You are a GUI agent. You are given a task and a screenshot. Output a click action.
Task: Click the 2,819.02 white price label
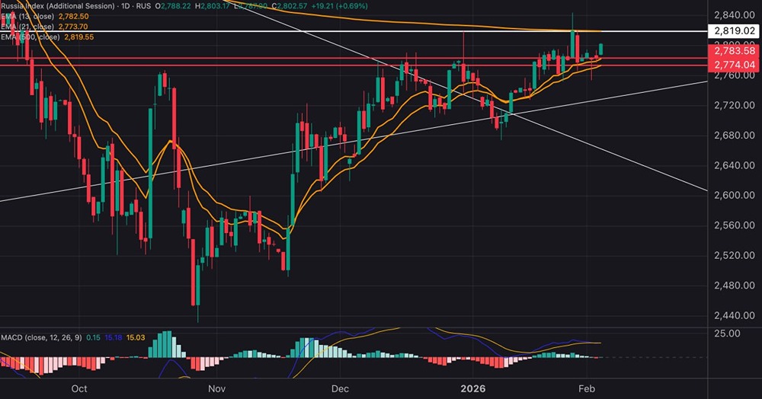[734, 31]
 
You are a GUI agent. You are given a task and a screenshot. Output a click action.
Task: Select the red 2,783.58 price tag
[734, 51]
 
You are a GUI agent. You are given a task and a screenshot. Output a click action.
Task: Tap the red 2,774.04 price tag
[734, 65]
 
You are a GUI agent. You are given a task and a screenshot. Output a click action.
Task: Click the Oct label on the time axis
[79, 388]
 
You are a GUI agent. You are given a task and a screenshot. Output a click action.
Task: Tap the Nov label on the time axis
[217, 388]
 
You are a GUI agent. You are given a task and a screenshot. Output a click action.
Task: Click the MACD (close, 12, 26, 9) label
[40, 337]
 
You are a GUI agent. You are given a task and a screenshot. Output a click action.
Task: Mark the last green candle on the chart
[602, 49]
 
